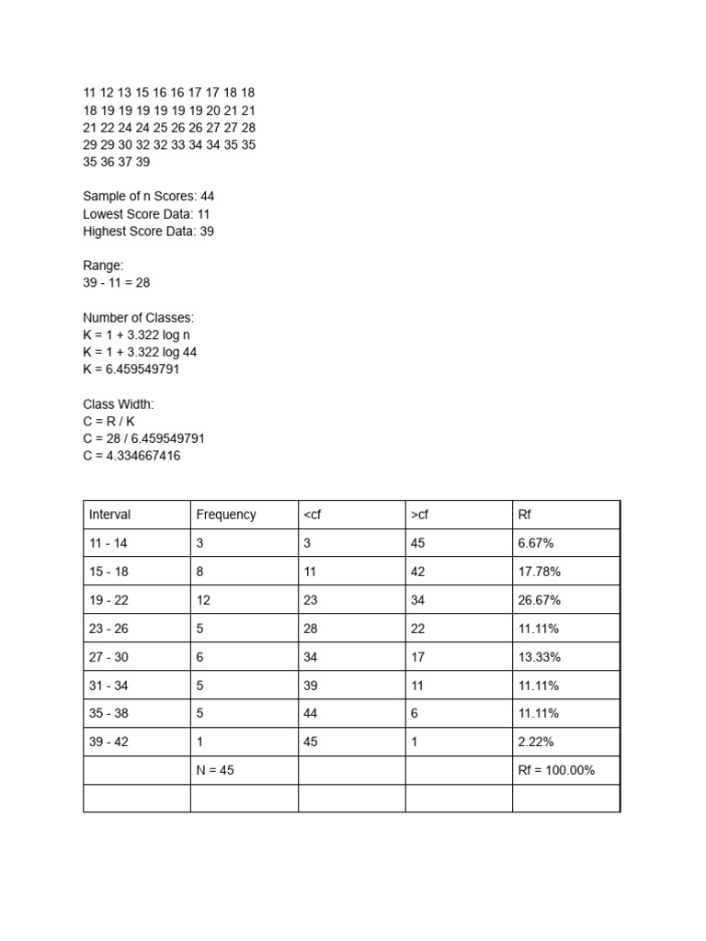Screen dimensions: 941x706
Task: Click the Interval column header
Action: click(x=110, y=515)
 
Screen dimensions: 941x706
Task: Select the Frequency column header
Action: click(x=226, y=515)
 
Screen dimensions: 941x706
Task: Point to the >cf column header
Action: click(x=419, y=515)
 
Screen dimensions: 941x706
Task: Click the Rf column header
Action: click(x=525, y=515)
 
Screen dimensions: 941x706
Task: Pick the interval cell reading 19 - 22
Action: click(x=108, y=600)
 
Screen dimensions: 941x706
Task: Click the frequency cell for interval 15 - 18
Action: click(x=200, y=572)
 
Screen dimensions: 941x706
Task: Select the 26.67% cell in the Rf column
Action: click(x=540, y=600)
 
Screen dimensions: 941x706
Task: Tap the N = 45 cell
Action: click(x=215, y=770)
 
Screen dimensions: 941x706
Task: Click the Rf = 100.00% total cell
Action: click(x=557, y=770)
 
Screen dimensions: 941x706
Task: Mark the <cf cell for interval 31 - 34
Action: click(x=311, y=686)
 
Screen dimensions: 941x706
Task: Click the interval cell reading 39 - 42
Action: click(x=108, y=742)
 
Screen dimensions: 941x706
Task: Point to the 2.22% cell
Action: click(x=536, y=742)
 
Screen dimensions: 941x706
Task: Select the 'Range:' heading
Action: click(x=103, y=266)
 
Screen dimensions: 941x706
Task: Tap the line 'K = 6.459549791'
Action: click(x=138, y=369)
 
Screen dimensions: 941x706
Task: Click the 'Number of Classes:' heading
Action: click(x=139, y=318)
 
